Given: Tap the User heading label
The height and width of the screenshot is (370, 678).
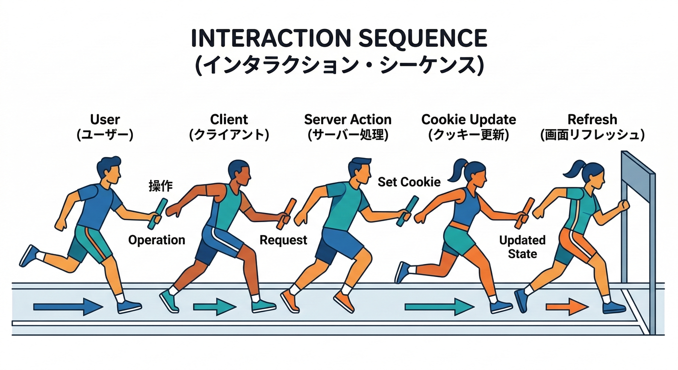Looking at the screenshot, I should point(104,119).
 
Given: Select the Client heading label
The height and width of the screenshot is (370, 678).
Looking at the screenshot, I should point(229,119).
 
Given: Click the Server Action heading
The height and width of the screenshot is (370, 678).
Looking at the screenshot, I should point(348,119).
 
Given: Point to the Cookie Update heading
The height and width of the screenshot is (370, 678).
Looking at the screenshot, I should point(469,119).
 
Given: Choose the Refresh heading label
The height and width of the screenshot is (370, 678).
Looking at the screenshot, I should point(592,119).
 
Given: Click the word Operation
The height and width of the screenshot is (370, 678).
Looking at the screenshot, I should point(156,240).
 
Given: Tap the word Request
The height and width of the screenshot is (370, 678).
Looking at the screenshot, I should point(283,240).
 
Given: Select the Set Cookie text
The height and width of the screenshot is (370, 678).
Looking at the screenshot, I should point(409,182).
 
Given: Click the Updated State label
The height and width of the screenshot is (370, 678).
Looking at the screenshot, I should point(522,247).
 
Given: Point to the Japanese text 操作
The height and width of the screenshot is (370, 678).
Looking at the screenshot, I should point(160,186).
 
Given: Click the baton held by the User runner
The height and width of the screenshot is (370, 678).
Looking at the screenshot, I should point(157,214).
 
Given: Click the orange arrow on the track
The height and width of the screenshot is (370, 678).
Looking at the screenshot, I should point(567,306).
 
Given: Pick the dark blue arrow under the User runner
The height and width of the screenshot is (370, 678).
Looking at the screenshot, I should point(68,306).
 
